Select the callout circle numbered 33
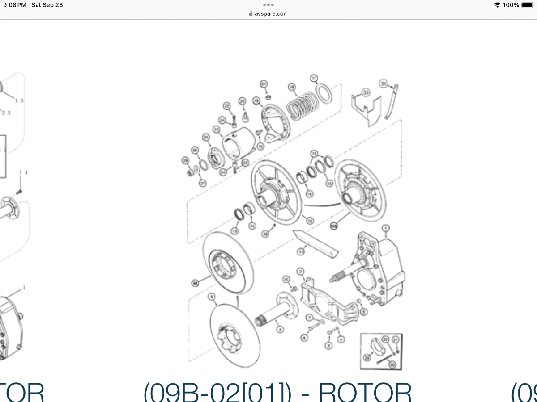pyautogui.click(x=366, y=92)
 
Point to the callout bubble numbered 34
pyautogui.click(x=383, y=83)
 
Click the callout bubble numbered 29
pyautogui.click(x=367, y=357)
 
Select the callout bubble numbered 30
pyautogui.click(x=393, y=365)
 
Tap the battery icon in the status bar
pyautogui.click(x=527, y=5)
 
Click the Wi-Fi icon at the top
pyautogui.click(x=497, y=5)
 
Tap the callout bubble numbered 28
pyautogui.click(x=185, y=161)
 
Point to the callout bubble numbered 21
pyautogui.click(x=264, y=84)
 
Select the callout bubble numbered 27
pyautogui.click(x=203, y=183)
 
